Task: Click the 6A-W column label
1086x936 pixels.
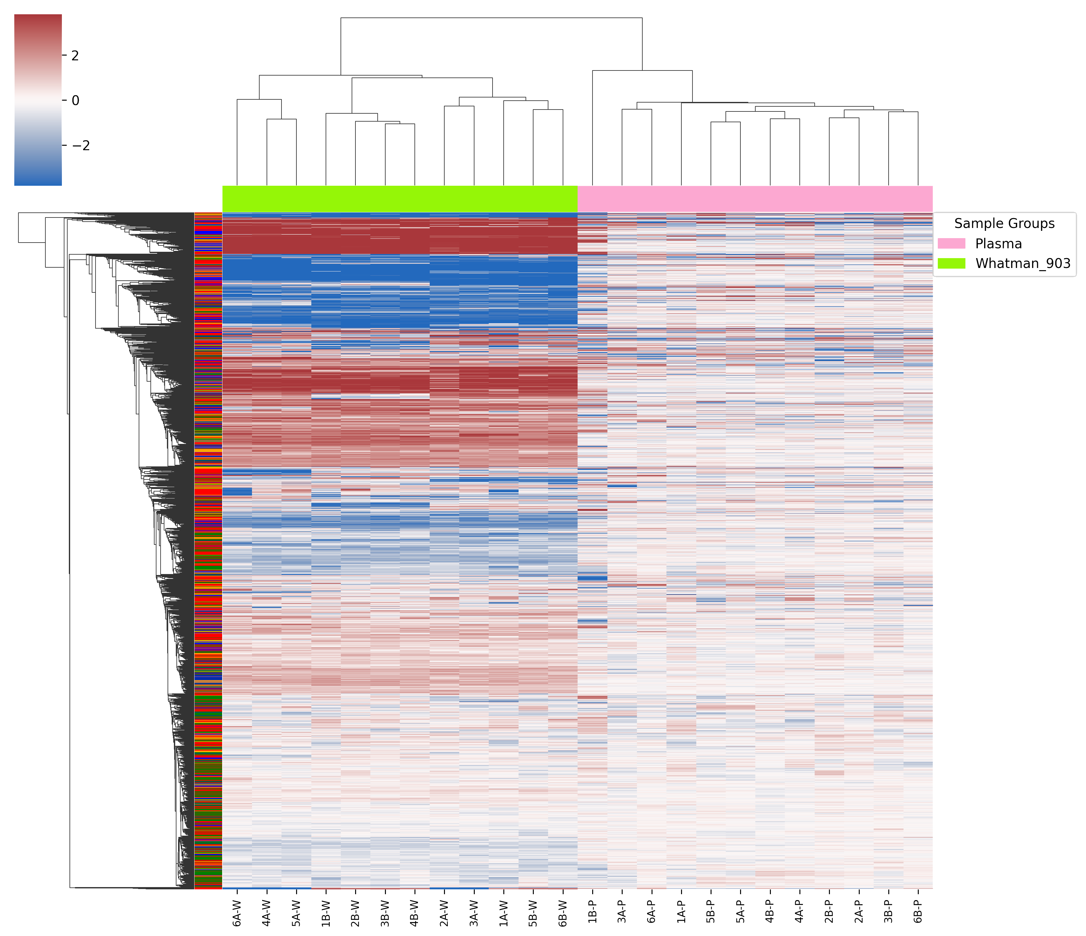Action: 237,913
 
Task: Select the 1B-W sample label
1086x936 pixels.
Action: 326,913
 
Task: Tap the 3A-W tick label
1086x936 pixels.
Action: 474,913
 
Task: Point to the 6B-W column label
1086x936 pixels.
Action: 563,913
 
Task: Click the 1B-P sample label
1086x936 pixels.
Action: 592,913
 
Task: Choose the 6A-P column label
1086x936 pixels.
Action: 652,913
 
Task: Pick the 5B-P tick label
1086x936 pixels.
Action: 711,913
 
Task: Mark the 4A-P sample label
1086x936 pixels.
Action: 800,913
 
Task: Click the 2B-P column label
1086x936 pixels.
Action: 829,913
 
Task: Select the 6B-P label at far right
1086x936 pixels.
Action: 918,913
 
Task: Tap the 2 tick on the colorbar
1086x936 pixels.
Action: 75,56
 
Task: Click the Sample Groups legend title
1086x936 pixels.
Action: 1004,224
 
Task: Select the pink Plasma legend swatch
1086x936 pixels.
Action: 951,243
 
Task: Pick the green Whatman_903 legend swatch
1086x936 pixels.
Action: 951,263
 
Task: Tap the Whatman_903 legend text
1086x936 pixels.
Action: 1023,263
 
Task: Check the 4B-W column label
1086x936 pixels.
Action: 414,913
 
